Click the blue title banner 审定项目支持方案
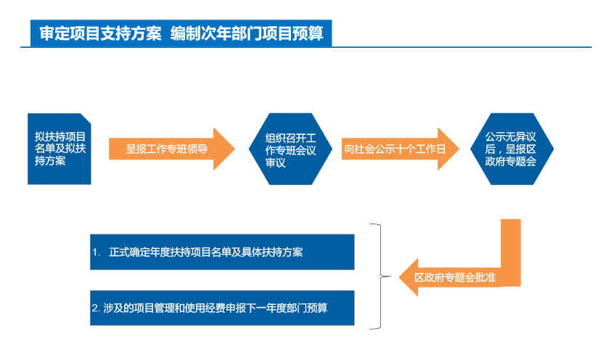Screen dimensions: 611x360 (x=181, y=33)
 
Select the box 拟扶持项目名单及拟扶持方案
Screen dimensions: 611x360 (x=60, y=149)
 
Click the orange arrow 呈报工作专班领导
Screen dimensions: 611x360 (x=172, y=149)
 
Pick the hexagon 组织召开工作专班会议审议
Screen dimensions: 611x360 (x=290, y=149)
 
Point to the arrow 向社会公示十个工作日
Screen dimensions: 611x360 (x=401, y=149)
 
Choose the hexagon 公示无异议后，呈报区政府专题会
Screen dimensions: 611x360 (x=512, y=149)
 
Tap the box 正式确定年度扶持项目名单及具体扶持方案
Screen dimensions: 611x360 (x=222, y=252)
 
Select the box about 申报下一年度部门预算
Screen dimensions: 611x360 (x=222, y=308)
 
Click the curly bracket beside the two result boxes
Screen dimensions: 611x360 (x=381, y=277)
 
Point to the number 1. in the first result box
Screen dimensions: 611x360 (x=97, y=253)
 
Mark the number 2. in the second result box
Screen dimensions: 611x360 (x=97, y=308)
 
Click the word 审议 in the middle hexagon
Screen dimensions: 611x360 (x=276, y=163)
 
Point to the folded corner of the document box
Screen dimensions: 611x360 (x=86, y=118)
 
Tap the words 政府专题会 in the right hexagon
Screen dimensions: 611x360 (x=510, y=161)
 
